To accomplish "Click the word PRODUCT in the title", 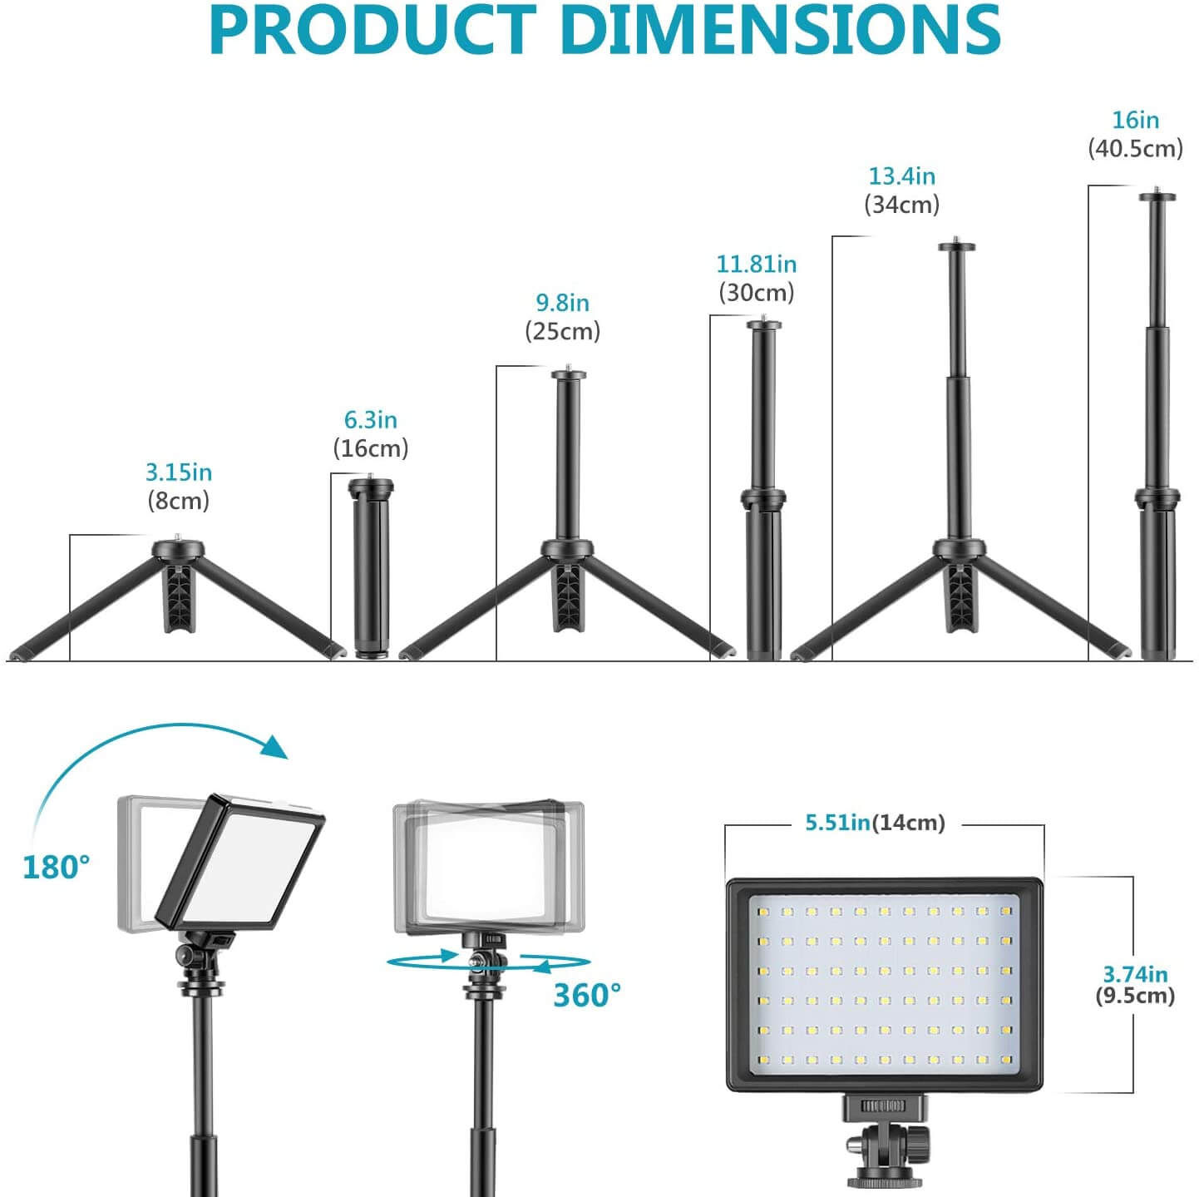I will click(x=373, y=31).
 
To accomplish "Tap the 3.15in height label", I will click(x=179, y=472).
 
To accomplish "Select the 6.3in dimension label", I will click(x=371, y=420).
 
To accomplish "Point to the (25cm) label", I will click(x=562, y=332).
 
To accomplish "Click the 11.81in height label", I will click(x=757, y=265).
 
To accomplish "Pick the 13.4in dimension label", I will click(x=902, y=176).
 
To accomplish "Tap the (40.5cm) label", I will click(x=1135, y=149).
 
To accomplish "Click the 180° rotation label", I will click(x=56, y=867).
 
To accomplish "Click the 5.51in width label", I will click(x=837, y=823).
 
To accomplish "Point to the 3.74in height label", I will click(x=1135, y=974).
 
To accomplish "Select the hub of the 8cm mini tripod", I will click(x=178, y=550).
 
